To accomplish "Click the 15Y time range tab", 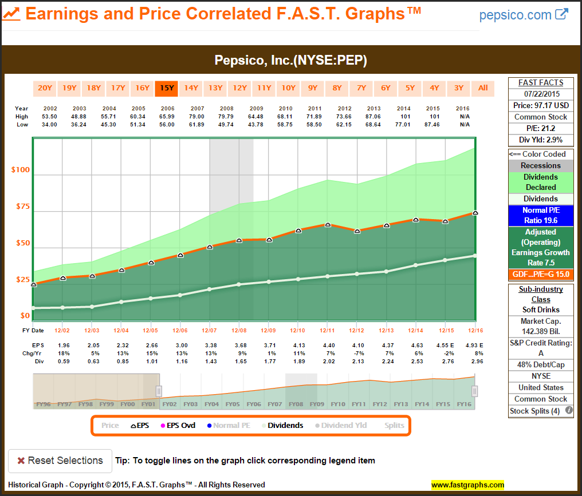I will point(167,88).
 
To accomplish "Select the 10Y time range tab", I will point(288,88).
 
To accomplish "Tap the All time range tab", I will point(483,88).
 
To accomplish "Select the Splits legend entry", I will point(394,426).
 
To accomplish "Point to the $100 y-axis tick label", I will point(21,170).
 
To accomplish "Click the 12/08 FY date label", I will point(239,331).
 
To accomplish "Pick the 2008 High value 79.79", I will point(227,117).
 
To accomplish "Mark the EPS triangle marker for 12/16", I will point(475,213).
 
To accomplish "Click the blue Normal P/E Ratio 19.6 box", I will point(541,215).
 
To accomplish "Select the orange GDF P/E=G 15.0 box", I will point(541,275).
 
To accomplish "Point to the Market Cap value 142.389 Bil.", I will point(541,332).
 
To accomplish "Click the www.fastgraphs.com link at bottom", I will point(467,485).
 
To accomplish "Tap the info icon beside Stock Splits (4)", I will point(569,410).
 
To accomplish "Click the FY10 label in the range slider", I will point(337,404).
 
